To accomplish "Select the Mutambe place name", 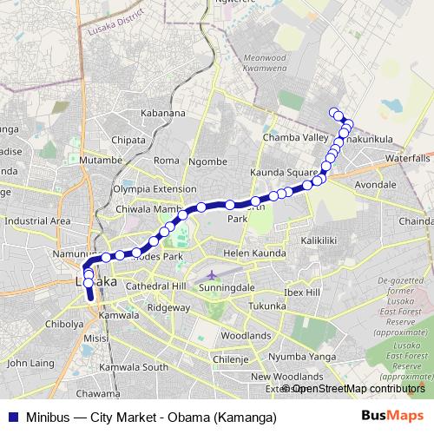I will [101, 161].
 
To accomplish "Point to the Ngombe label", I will [207, 161].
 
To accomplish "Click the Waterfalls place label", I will [408, 159].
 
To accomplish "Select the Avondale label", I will [376, 186].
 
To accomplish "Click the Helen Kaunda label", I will [254, 253].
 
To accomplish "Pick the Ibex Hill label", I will [301, 293].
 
